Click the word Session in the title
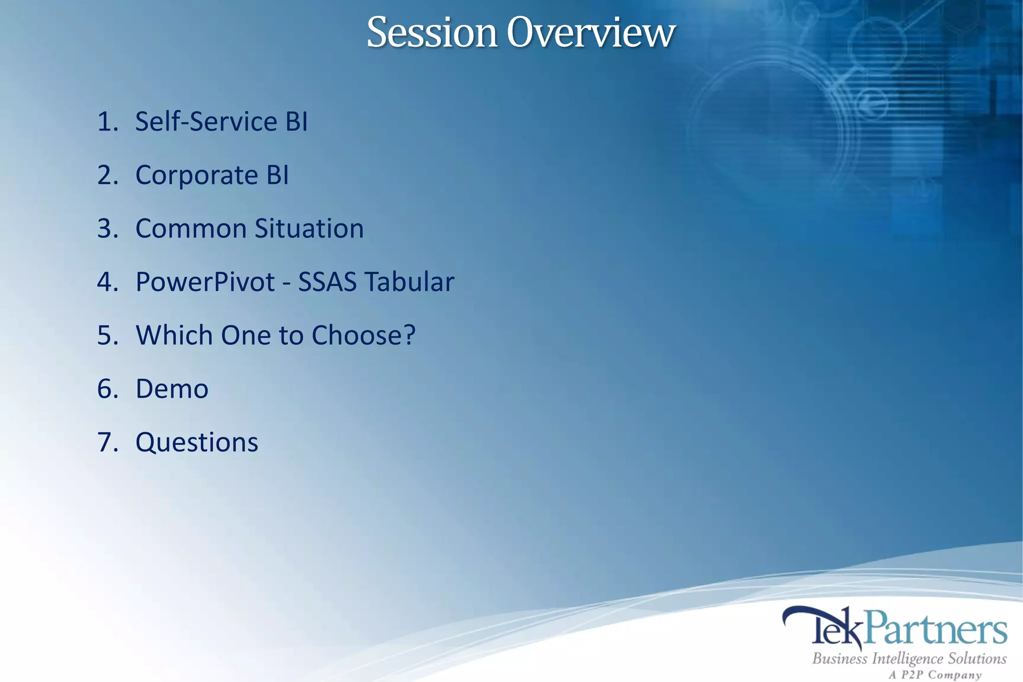pos(432,33)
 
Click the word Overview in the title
pos(590,33)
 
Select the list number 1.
pos(106,122)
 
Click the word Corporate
pos(196,175)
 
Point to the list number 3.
pos(107,229)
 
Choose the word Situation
pos(309,229)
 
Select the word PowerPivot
pos(205,282)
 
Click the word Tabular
pos(410,282)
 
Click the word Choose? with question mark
pos(363,336)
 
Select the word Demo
pos(172,389)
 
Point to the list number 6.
pos(107,389)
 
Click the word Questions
pos(197,443)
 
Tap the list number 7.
pos(107,443)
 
